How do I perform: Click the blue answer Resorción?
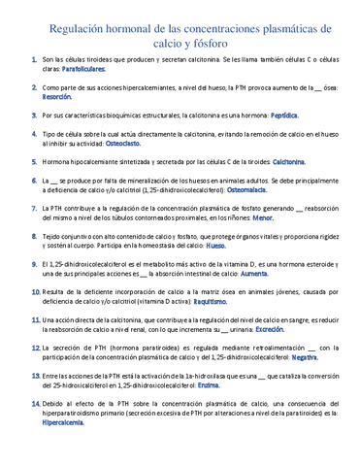tap(57, 98)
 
